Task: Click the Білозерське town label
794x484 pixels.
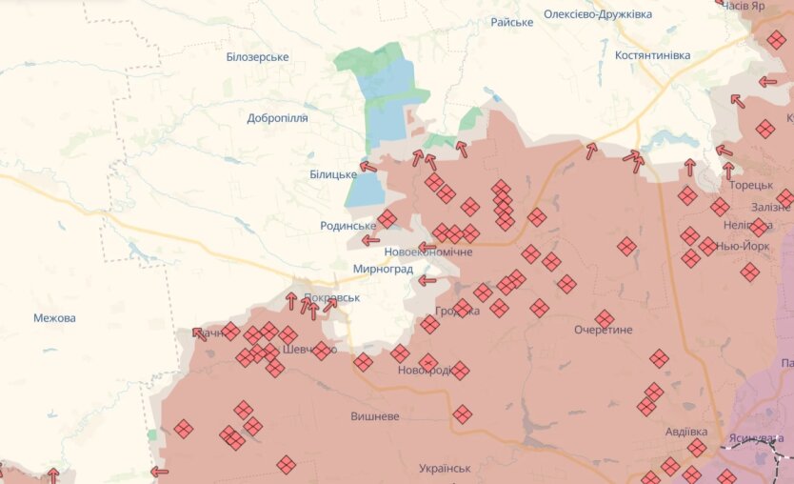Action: (x=257, y=57)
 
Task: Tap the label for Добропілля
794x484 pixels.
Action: (x=277, y=118)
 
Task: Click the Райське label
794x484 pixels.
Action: (x=511, y=22)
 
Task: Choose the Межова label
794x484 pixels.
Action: (x=54, y=318)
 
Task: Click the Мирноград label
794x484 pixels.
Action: (x=383, y=270)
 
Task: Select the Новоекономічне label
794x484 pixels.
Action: (x=428, y=252)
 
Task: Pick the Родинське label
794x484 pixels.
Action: (x=348, y=226)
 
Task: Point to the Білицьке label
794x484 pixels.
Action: (x=333, y=174)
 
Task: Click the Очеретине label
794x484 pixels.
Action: (x=603, y=330)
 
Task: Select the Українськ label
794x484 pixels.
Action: (x=445, y=469)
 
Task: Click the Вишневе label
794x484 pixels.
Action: (x=374, y=417)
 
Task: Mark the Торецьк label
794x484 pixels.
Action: (x=751, y=186)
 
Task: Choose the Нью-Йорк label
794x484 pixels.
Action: (x=743, y=246)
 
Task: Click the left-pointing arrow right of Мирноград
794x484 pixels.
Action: (x=427, y=280)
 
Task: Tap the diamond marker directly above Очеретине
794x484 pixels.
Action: (x=605, y=318)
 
